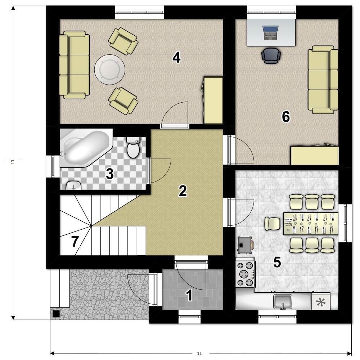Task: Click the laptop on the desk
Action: (x=271, y=33)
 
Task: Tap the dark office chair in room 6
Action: (x=271, y=55)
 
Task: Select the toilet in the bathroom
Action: (x=133, y=147)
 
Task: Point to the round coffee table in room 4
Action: (x=110, y=69)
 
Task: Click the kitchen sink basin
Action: (x=283, y=301)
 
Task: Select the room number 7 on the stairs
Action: (x=75, y=242)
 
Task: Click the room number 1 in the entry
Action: (x=189, y=295)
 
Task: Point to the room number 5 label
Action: (x=277, y=262)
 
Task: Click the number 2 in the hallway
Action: (x=183, y=191)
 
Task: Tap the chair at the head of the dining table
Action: (x=272, y=224)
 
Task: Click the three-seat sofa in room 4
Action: (x=75, y=65)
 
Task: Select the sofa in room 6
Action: (x=323, y=80)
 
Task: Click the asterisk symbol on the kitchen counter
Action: (x=321, y=302)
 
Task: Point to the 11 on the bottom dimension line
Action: (x=199, y=353)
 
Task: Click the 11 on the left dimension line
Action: (x=13, y=162)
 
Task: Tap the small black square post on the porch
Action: (x=56, y=314)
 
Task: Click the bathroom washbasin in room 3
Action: (x=73, y=185)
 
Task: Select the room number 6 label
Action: (x=286, y=117)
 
